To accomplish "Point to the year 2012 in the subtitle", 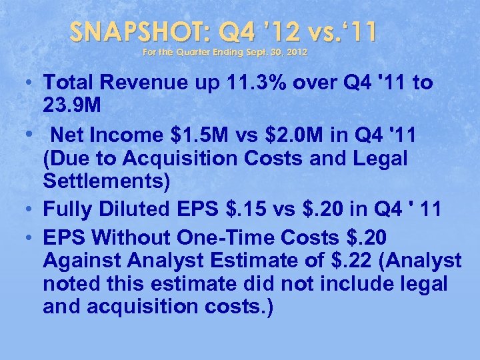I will click(x=297, y=51).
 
